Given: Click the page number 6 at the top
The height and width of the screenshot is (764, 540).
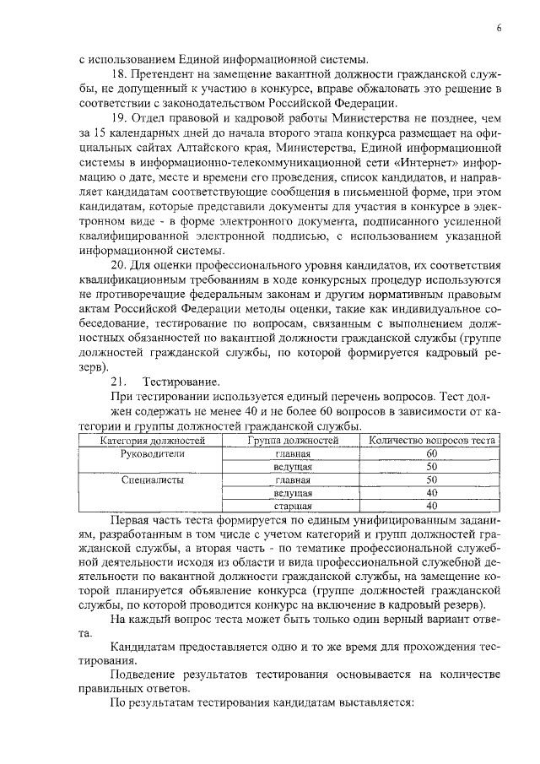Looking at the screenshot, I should tap(499, 29).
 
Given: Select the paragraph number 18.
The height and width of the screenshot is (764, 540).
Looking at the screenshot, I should tap(118, 75).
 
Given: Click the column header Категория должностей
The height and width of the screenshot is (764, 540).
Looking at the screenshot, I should tap(152, 440).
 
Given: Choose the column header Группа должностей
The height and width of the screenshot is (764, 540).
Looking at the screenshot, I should tap(293, 440).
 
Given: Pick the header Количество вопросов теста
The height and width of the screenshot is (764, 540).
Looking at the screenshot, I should tap(431, 440).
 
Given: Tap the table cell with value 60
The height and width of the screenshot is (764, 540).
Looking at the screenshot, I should tap(431, 452).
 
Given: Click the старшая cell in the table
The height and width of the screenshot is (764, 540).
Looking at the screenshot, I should tap(293, 506).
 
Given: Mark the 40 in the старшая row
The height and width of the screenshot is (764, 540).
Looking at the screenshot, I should tap(431, 506).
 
